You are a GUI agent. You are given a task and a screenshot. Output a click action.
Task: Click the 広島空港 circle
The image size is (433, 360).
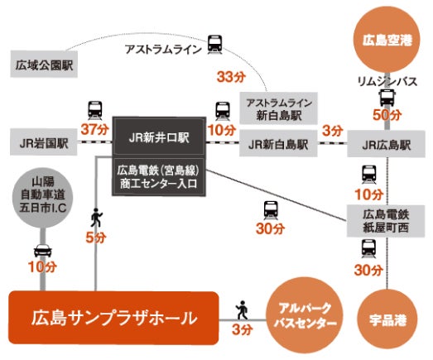[x=387, y=41]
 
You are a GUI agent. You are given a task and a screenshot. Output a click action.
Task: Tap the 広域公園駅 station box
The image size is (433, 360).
[x=44, y=65]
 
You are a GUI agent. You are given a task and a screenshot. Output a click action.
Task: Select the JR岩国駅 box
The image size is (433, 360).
[x=44, y=142]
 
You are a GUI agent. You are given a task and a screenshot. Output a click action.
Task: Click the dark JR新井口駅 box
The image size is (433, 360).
[x=159, y=137]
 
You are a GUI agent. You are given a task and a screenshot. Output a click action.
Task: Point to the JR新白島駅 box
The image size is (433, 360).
[x=278, y=143]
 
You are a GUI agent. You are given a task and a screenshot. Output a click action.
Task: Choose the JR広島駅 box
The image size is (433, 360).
[x=387, y=144]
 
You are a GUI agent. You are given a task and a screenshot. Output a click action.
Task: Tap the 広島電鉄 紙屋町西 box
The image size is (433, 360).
[x=386, y=221]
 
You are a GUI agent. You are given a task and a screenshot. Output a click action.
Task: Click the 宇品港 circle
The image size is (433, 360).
[x=387, y=319]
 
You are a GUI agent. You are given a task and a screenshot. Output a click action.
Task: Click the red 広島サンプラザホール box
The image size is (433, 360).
[x=113, y=318]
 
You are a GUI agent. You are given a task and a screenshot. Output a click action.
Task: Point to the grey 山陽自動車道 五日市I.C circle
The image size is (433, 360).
[x=43, y=198]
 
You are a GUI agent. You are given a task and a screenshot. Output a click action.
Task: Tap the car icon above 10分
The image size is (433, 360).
[x=43, y=250]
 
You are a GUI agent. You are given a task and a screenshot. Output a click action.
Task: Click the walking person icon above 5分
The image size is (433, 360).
[x=96, y=218]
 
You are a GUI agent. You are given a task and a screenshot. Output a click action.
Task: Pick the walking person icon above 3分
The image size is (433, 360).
[x=242, y=310]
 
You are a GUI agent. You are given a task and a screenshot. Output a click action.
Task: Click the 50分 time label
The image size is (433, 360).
[x=387, y=115]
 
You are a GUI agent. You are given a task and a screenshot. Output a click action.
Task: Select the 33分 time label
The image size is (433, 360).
[x=231, y=77]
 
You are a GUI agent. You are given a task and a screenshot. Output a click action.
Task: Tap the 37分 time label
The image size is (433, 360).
[x=94, y=129]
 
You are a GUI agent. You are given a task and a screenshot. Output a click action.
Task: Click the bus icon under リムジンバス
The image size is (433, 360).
[x=387, y=98]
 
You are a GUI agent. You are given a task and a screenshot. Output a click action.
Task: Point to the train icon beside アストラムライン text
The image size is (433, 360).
[x=214, y=44]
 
